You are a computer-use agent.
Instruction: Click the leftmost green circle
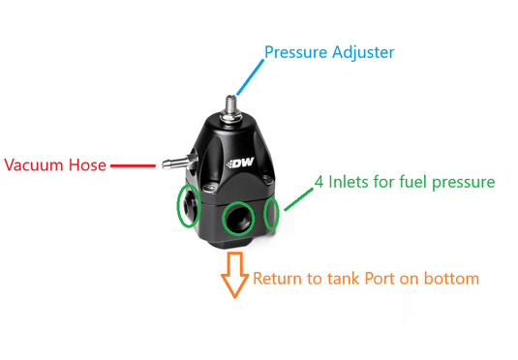point(186,208)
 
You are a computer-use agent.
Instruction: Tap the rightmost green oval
point(271,213)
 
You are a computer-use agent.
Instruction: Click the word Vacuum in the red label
point(33,165)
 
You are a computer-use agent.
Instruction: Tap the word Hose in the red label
point(86,165)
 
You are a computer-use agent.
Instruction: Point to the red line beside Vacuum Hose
point(133,165)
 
